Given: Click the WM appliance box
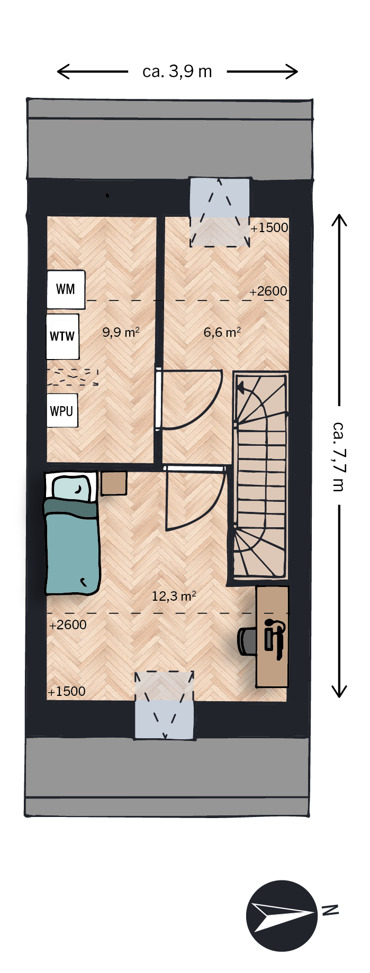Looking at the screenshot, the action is coord(66,289).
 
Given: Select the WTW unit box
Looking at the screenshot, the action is coord(62,337).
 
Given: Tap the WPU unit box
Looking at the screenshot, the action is coord(62,410).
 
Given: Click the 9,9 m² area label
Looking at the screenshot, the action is coord(121,332).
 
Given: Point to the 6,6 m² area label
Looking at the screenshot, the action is coord(222,332).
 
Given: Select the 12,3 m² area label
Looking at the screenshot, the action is coord(174,596).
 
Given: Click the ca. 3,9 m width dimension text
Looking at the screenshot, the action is coord(177,71).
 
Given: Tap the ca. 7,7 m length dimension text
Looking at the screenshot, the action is coord(339,456).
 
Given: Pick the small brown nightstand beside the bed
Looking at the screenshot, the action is coord(114,483).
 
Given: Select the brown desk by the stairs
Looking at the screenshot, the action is coord(273,636).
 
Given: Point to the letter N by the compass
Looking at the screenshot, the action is coord(330,910).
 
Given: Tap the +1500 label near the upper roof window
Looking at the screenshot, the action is coord(269,228).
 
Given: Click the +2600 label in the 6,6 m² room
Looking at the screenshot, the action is coord(268,291).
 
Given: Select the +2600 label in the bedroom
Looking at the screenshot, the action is coord(68,625).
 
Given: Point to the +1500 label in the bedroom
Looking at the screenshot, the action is coord(67,692).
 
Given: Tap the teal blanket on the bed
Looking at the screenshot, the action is coord(72,547).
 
